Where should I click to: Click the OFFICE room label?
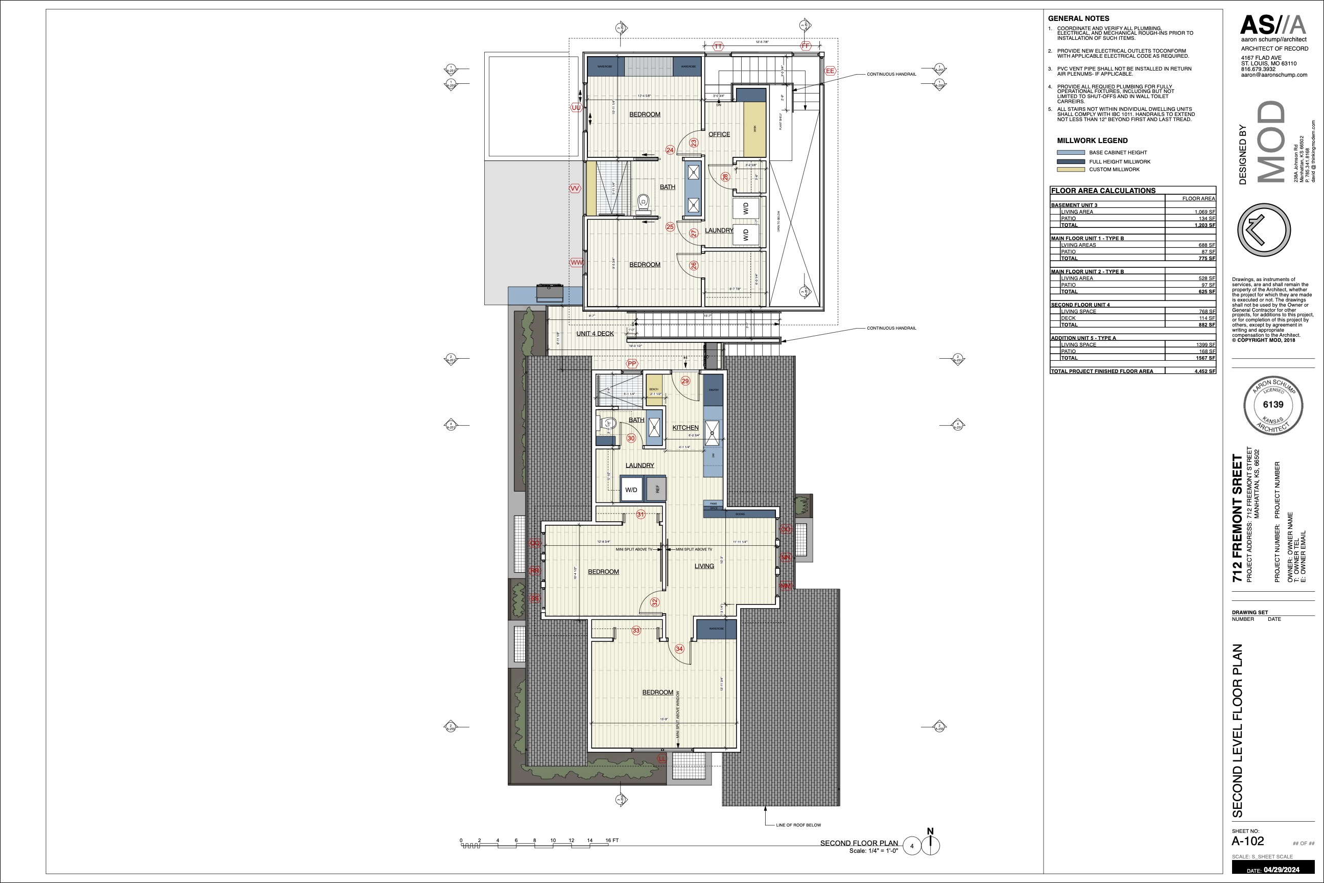coord(719,134)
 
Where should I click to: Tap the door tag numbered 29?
coord(685,381)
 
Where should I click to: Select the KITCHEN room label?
coord(685,427)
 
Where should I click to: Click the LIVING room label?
coord(704,566)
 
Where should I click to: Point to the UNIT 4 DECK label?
coord(595,333)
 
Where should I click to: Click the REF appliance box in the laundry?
coord(656,489)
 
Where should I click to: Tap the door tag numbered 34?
coord(679,649)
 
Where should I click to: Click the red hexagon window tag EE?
coord(830,71)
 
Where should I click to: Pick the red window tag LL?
coord(662,759)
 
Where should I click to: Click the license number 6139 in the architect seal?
coord(1273,404)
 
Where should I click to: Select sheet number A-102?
coord(1247,841)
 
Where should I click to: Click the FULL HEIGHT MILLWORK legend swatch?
coord(1071,161)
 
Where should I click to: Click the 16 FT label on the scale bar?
coord(612,840)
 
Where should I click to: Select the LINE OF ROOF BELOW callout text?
coord(798,825)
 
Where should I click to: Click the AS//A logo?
coord(1273,26)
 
